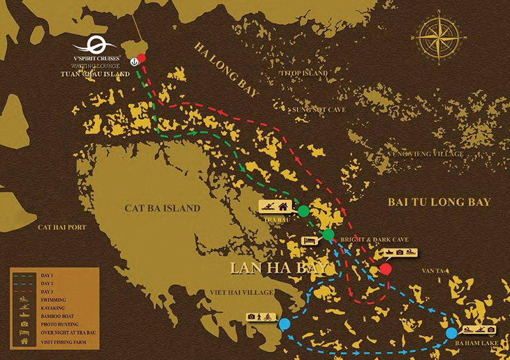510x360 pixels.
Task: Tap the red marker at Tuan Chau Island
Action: pyautogui.click(x=142, y=59)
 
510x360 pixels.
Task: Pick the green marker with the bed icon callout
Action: pyautogui.click(x=328, y=235)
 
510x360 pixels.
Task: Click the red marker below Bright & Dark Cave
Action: pyautogui.click(x=385, y=269)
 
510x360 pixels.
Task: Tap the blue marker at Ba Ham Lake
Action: pyautogui.click(x=451, y=333)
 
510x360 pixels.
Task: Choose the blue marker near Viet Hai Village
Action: pyautogui.click(x=284, y=323)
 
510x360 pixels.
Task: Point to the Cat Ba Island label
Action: pyautogui.click(x=163, y=208)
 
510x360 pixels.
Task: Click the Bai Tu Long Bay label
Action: pyautogui.click(x=439, y=202)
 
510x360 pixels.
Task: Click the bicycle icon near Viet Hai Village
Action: pyautogui.click(x=269, y=317)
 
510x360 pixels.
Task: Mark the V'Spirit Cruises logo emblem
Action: pyautogui.click(x=94, y=47)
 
